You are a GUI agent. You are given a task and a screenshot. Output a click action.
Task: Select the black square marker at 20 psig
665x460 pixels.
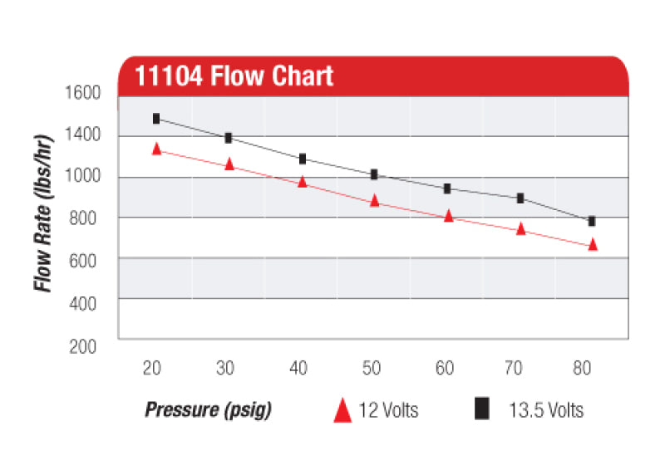click(155, 119)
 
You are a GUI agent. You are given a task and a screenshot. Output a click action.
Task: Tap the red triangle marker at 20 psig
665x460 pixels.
click(155, 149)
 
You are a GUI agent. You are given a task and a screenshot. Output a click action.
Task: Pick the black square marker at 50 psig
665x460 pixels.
click(374, 174)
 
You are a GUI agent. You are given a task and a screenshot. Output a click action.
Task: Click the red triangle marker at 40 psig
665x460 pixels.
click(302, 181)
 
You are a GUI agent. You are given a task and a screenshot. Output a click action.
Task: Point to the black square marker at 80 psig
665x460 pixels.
click(592, 221)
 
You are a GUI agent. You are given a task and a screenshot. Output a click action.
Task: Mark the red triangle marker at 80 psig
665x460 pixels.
click(593, 244)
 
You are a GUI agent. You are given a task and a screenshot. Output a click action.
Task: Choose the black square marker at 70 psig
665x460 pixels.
click(520, 198)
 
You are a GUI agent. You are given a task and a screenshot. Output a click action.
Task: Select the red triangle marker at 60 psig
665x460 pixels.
click(448, 216)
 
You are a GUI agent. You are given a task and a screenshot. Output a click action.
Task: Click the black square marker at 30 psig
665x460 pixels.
click(229, 138)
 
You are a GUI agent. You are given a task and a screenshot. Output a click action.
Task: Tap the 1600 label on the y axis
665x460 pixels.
click(82, 93)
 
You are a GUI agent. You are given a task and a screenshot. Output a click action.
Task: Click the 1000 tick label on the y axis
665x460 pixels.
click(82, 177)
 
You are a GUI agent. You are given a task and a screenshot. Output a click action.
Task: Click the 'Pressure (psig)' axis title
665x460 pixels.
click(209, 410)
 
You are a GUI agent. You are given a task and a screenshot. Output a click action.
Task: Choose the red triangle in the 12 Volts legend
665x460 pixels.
click(342, 410)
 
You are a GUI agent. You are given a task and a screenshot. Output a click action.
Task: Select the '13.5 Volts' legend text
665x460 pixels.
click(545, 410)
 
